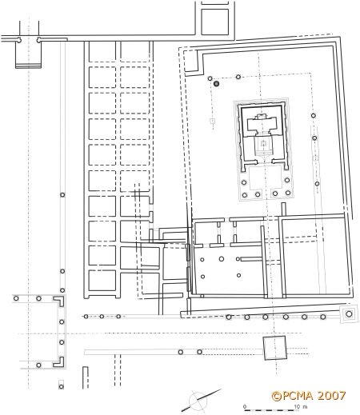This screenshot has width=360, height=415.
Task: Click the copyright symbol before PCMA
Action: click(x=277, y=396)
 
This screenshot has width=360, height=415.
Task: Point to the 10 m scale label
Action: click(x=301, y=407)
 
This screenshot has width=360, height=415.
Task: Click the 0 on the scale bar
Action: click(x=245, y=407)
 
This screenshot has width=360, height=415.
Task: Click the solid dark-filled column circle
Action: click(x=216, y=84)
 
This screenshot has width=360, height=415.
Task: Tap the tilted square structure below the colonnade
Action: click(x=275, y=348)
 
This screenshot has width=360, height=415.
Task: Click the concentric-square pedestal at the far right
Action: click(x=349, y=314)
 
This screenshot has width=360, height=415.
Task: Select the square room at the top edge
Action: click(x=215, y=22)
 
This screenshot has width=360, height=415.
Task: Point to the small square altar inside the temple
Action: click(x=263, y=144)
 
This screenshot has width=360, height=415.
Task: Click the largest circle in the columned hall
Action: click(x=222, y=259)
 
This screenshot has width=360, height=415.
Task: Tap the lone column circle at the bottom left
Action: click(x=62, y=386)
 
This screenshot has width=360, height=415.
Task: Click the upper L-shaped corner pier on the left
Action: click(x=58, y=301)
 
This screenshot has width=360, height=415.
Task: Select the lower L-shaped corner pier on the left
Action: click(x=58, y=362)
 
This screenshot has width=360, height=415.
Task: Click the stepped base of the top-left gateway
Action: click(x=28, y=66)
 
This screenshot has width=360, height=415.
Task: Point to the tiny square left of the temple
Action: click(x=213, y=121)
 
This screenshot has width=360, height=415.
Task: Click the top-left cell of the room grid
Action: click(x=102, y=51)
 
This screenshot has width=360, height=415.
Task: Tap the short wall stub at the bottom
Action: click(x=86, y=377)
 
